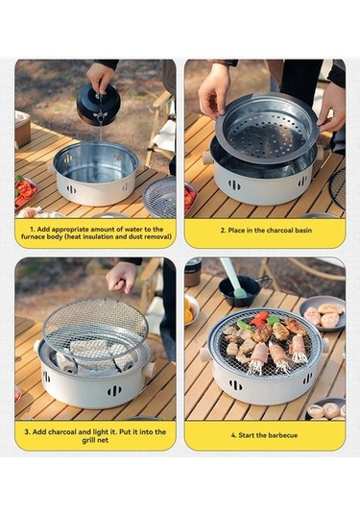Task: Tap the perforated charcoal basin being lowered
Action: tap(266, 129)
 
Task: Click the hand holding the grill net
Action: tap(122, 278)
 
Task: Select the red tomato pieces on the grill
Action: tap(260, 318)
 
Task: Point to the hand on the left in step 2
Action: tap(213, 88)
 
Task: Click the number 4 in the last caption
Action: tap(232, 434)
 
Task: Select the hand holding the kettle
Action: tap(100, 75)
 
